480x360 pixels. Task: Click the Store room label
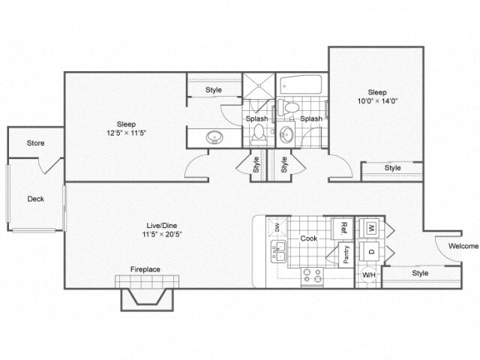pyautogui.click(x=35, y=142)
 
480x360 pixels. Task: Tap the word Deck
pyautogui.click(x=35, y=199)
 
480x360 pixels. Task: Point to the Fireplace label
pyautogui.click(x=145, y=269)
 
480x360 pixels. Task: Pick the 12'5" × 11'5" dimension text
pyautogui.click(x=125, y=133)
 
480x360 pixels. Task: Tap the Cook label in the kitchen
pyautogui.click(x=309, y=238)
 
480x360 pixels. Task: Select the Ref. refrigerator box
pyautogui.click(x=342, y=227)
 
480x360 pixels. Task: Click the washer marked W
pyautogui.click(x=370, y=227)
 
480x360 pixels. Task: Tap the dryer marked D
pyautogui.click(x=370, y=251)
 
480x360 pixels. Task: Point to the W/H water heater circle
pyautogui.click(x=368, y=274)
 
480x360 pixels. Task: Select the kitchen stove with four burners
pyautogui.click(x=312, y=277)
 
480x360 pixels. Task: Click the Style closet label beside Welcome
pyautogui.click(x=420, y=273)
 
